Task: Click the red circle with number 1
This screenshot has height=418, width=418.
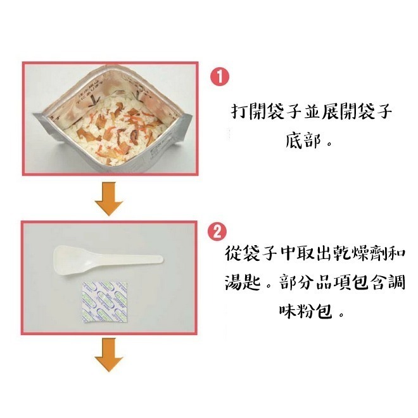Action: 219,77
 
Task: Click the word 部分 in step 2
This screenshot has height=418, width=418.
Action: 292,281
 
